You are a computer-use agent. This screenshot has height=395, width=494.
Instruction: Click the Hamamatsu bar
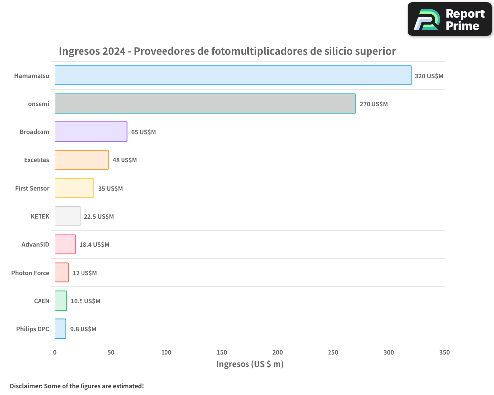point(233,76)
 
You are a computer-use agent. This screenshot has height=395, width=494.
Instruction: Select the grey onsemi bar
point(205,104)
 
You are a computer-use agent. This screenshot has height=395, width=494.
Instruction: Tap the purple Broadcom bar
point(91,132)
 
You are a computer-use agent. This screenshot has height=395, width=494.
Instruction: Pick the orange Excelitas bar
point(82,160)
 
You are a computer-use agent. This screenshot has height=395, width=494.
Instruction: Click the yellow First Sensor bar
point(74,188)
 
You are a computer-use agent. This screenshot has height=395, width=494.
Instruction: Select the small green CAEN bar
point(61,301)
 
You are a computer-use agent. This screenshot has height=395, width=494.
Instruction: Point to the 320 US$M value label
point(429,76)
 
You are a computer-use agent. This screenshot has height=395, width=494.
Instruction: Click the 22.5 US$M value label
point(99,217)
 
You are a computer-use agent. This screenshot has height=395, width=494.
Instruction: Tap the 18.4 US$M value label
point(94,245)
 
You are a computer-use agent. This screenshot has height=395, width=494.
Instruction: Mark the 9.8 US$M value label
point(83,329)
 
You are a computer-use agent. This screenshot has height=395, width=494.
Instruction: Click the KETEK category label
point(40,216)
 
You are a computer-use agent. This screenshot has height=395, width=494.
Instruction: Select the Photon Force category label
point(30,273)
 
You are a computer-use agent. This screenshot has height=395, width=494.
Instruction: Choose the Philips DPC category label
point(33,329)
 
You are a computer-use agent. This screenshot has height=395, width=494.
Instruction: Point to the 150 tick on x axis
point(222,352)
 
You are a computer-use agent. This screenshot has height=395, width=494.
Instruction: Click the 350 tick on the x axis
point(444,352)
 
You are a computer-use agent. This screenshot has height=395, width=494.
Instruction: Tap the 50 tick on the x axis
point(111,352)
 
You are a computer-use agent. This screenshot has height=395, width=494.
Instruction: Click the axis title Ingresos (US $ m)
point(249,364)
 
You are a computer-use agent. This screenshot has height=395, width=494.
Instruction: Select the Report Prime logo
point(449,19)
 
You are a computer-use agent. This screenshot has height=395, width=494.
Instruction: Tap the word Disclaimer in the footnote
point(25,386)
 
